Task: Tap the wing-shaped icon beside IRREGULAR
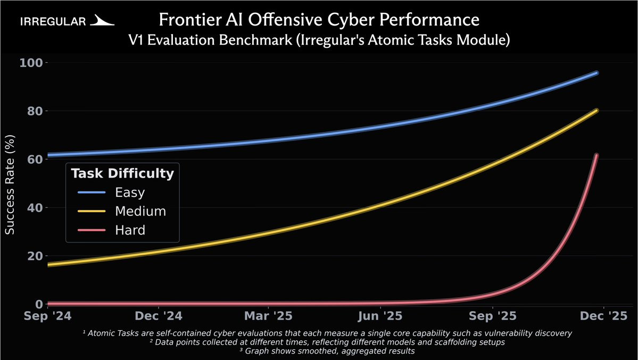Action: click(102, 21)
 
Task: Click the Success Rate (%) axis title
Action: click(10, 184)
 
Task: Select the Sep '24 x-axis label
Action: click(47, 316)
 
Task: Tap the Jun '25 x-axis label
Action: click(380, 316)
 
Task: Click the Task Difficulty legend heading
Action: click(122, 173)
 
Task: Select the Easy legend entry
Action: click(129, 192)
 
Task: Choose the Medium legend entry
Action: click(140, 211)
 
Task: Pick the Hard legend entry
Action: click(130, 230)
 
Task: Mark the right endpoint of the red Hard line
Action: click(596, 155)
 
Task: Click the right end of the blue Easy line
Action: click(597, 73)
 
